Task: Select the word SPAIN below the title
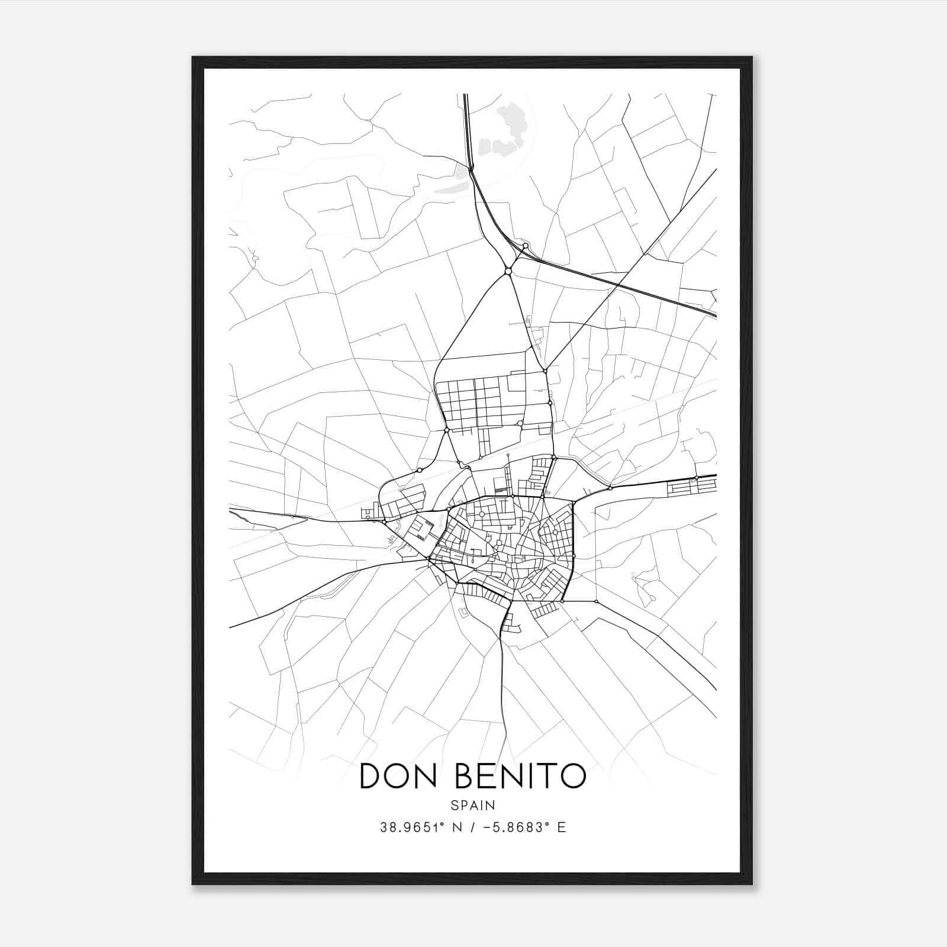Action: tap(473, 806)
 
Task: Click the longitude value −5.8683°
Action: tap(511, 827)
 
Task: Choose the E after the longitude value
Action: tap(561, 827)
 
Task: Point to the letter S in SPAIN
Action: tap(454, 806)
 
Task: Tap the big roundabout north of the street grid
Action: tap(508, 271)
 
